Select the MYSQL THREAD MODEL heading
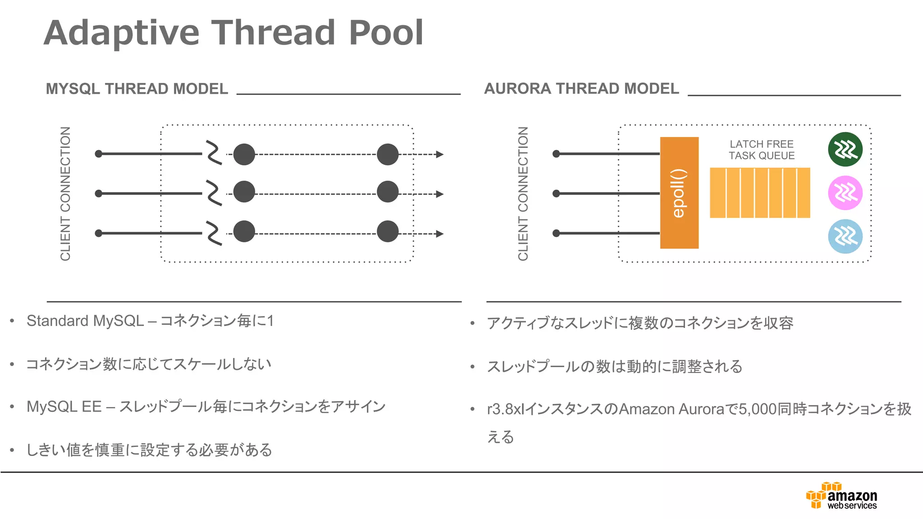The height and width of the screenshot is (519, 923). (x=137, y=89)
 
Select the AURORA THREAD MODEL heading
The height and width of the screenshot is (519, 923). (x=581, y=88)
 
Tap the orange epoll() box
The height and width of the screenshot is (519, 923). (x=679, y=193)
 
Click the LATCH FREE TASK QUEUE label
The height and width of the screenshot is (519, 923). (x=762, y=150)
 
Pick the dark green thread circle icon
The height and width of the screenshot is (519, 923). (x=845, y=150)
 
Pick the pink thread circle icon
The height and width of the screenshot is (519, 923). (x=845, y=193)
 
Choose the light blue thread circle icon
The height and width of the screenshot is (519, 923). (x=845, y=237)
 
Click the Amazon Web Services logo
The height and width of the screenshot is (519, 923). (x=842, y=496)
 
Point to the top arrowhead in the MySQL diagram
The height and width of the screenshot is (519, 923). (x=440, y=155)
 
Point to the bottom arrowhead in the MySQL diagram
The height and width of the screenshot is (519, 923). (x=440, y=234)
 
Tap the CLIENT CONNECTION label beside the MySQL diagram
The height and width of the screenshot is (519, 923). (x=66, y=194)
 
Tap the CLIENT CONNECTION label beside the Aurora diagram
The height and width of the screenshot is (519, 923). (x=523, y=194)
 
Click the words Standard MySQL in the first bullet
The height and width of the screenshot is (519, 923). (x=85, y=321)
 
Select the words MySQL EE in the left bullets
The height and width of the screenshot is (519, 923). (x=64, y=407)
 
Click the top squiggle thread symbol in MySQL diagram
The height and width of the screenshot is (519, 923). (x=214, y=153)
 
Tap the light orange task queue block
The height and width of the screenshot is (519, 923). (x=760, y=193)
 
